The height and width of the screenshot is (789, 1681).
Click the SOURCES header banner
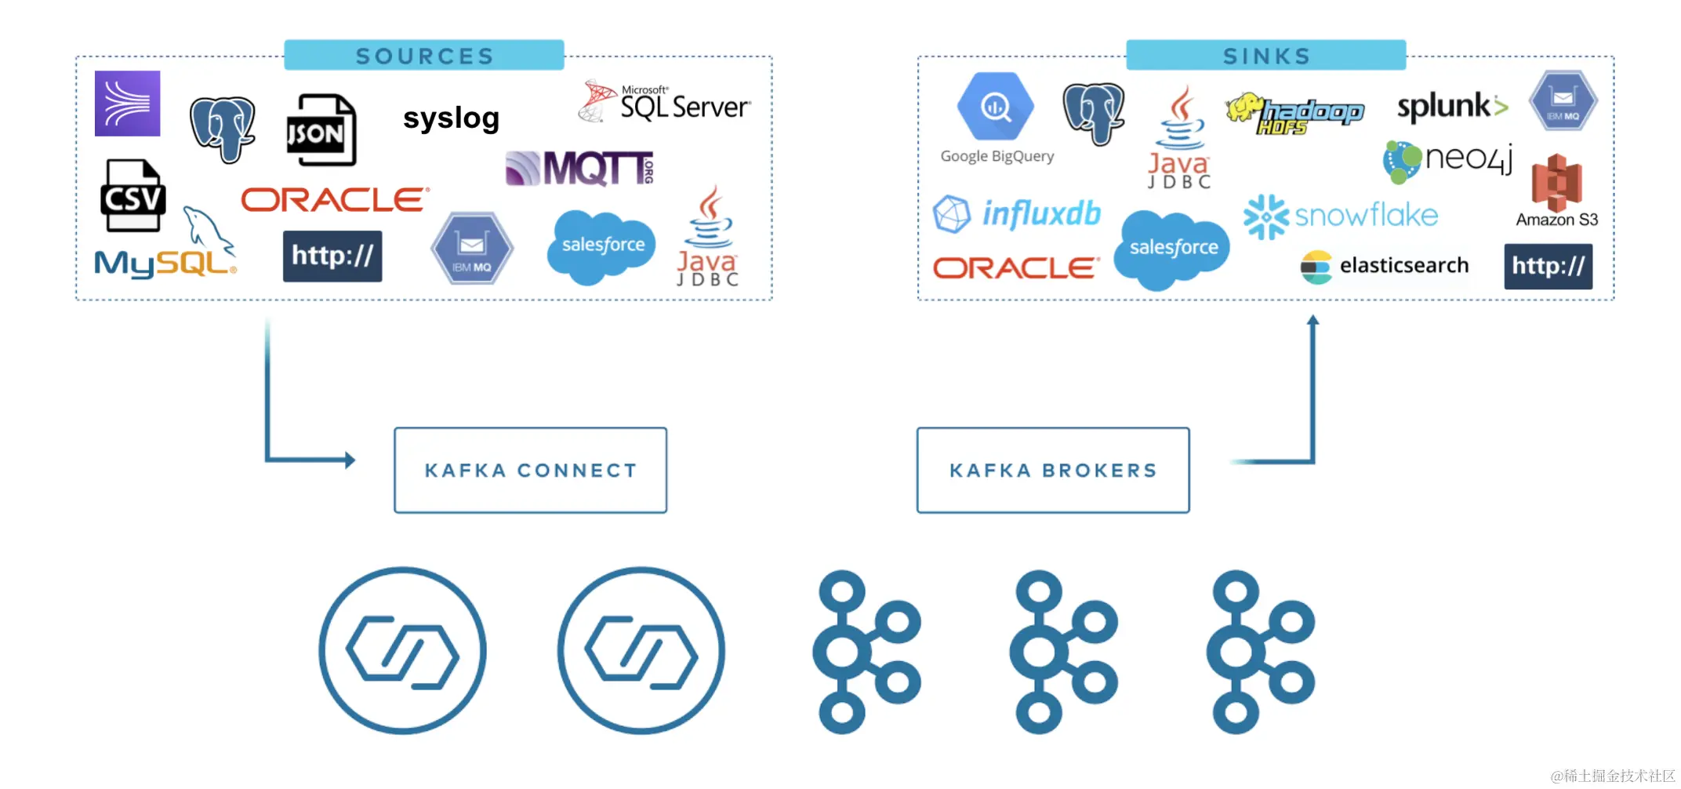[x=423, y=56]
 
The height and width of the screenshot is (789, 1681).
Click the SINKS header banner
[x=1265, y=56]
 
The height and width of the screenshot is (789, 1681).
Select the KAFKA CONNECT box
[x=530, y=470]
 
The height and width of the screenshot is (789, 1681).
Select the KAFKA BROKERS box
[x=1052, y=470]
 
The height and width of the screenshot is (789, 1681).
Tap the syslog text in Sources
[x=451, y=118]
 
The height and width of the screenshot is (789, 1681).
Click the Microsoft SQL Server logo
[x=665, y=103]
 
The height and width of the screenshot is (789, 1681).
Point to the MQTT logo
[x=580, y=168]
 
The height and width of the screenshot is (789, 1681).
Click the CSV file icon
[x=132, y=196]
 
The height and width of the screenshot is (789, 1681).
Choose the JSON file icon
[x=320, y=130]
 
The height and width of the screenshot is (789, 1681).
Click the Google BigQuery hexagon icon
[x=995, y=107]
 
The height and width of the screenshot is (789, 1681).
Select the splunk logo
[x=1451, y=107]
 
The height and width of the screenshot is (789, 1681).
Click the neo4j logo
[x=1447, y=160]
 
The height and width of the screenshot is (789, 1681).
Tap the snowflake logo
[x=1341, y=216]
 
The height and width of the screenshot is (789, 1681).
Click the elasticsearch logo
[x=1385, y=266]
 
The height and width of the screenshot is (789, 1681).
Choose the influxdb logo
[x=1018, y=213]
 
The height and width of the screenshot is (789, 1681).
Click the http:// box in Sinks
[x=1548, y=266]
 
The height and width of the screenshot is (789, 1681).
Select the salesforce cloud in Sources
[x=602, y=245]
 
